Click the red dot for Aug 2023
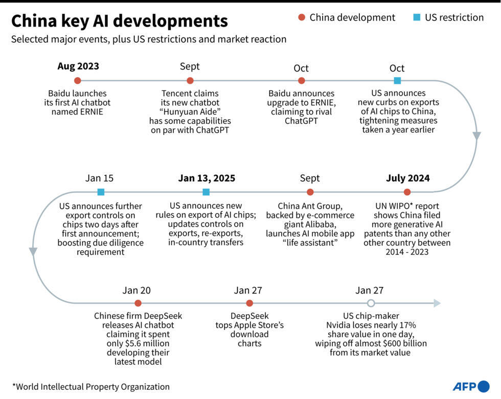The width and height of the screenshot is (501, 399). [77, 80]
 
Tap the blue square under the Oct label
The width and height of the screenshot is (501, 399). [397, 80]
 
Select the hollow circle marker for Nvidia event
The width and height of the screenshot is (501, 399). [371, 303]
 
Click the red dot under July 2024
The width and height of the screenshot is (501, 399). [407, 192]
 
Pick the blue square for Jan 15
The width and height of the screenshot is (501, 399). [101, 192]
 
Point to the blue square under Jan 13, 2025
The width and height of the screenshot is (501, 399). [206, 192]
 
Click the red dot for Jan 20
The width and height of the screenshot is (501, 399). [138, 303]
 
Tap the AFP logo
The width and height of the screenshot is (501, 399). [470, 386]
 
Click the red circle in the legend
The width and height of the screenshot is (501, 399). [302, 18]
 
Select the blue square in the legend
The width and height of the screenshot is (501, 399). [417, 18]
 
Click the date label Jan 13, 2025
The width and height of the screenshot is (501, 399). [207, 178]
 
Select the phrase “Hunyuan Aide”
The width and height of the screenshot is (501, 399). [190, 112]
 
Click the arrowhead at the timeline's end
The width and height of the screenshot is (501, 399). [437, 303]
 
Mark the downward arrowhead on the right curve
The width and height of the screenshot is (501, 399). [476, 136]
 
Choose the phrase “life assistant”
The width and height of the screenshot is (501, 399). [309, 242]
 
